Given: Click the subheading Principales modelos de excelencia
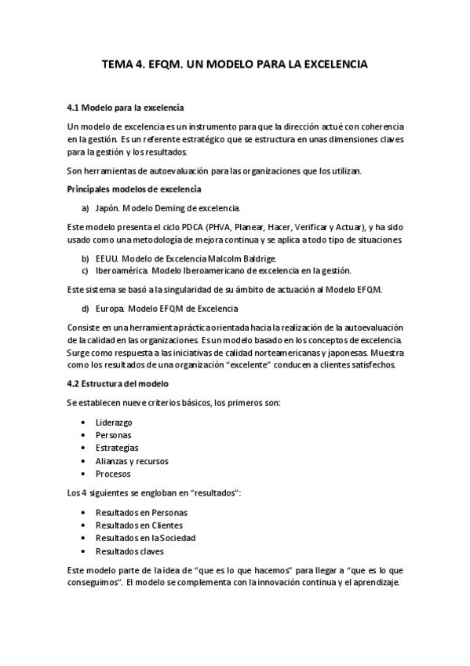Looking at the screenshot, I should [x=134, y=189].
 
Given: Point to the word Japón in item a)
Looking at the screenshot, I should [x=106, y=208].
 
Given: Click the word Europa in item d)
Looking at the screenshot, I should [x=108, y=308].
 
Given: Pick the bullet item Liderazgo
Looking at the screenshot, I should [x=114, y=423].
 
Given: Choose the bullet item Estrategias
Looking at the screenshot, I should [x=116, y=448].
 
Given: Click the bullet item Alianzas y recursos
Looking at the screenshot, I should [x=132, y=461].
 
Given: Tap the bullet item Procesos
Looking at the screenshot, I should [x=113, y=474].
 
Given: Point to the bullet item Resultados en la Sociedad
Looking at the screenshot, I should [x=145, y=538].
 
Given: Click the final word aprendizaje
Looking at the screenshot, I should [x=375, y=584].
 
